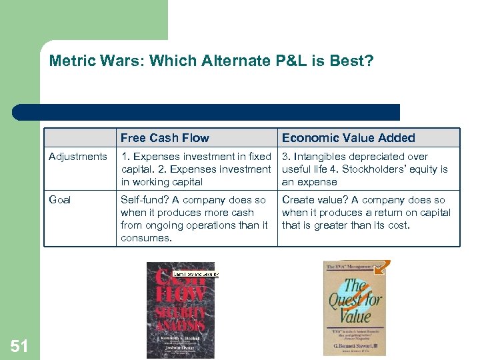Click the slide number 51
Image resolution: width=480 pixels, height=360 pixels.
click(19, 345)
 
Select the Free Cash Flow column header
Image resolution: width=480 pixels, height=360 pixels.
click(165, 138)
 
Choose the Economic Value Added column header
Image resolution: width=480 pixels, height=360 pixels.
click(348, 138)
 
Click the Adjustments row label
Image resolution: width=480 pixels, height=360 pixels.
click(77, 157)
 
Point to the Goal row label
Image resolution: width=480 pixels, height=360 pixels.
click(60, 200)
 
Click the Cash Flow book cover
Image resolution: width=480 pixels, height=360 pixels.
click(181, 310)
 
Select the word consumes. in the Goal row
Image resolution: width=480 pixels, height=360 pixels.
click(144, 238)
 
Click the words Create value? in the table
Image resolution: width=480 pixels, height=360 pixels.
click(312, 200)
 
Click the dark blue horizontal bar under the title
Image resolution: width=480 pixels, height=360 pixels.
click(207, 112)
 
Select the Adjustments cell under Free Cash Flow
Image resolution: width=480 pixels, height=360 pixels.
click(196, 169)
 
